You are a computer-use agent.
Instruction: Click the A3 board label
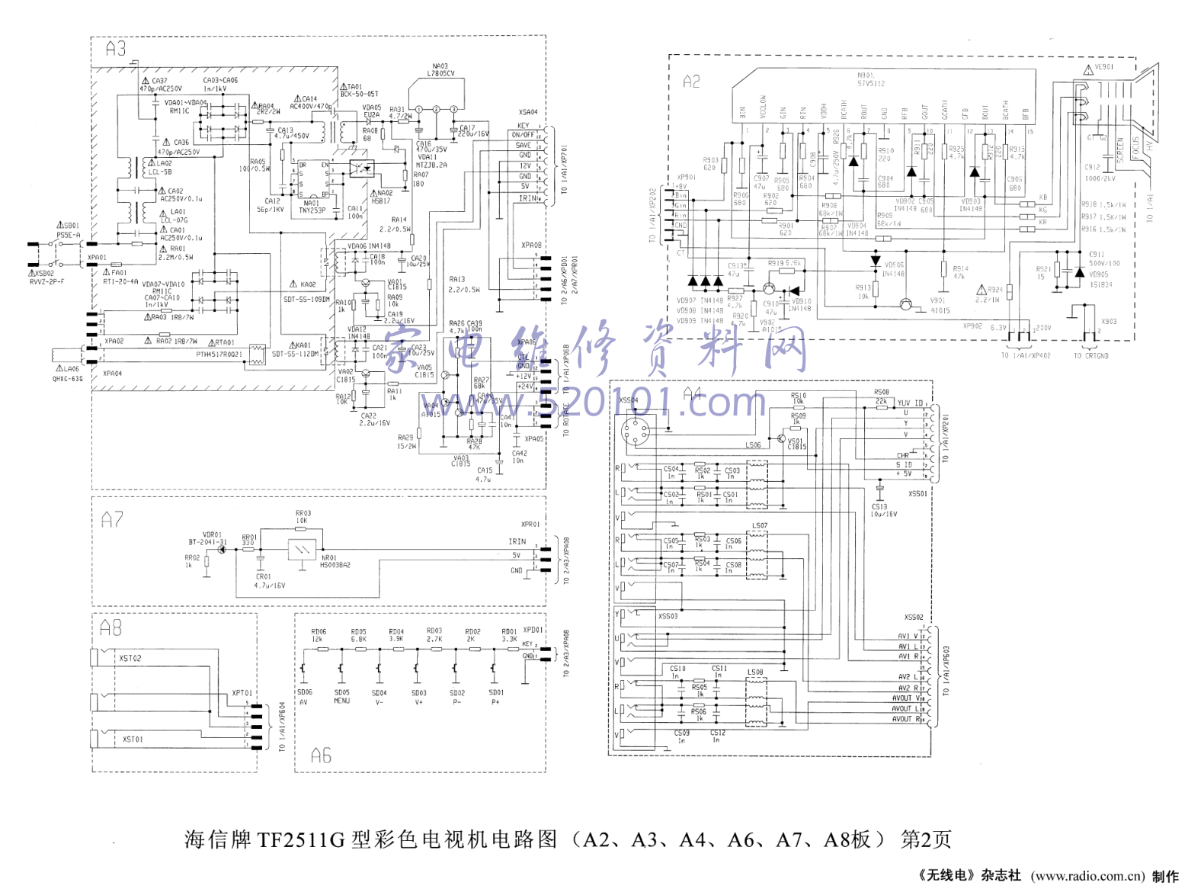[x=116, y=50]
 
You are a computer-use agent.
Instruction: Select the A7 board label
[x=112, y=520]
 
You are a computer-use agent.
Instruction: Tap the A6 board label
[x=321, y=756]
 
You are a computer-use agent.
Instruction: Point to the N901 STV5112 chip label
[x=871, y=79]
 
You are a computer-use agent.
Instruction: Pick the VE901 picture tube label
[x=1104, y=67]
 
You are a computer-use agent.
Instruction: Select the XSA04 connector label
[x=528, y=112]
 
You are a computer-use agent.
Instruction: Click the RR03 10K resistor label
[x=303, y=517]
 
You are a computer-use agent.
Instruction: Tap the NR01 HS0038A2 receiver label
[x=335, y=561]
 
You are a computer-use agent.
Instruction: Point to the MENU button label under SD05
[x=342, y=701]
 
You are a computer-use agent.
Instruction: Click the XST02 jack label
[x=130, y=658]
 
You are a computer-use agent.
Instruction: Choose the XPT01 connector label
[x=243, y=693]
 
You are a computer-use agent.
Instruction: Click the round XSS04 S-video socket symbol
[x=635, y=432]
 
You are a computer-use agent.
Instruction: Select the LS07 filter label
[x=760, y=525]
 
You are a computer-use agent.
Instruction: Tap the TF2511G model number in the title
[x=301, y=840]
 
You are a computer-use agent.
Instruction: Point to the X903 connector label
[x=1109, y=322]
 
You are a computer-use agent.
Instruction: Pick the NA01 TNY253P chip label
[x=312, y=207]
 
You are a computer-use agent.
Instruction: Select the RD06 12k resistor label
[x=319, y=635]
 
